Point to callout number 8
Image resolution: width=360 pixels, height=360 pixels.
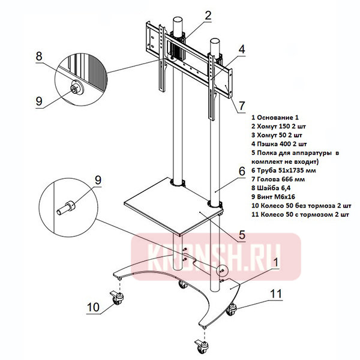point(38,56)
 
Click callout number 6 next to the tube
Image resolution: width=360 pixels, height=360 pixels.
point(241,171)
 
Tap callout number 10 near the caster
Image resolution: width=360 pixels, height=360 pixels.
point(93,307)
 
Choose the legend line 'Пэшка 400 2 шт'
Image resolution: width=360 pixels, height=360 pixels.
point(280,144)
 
